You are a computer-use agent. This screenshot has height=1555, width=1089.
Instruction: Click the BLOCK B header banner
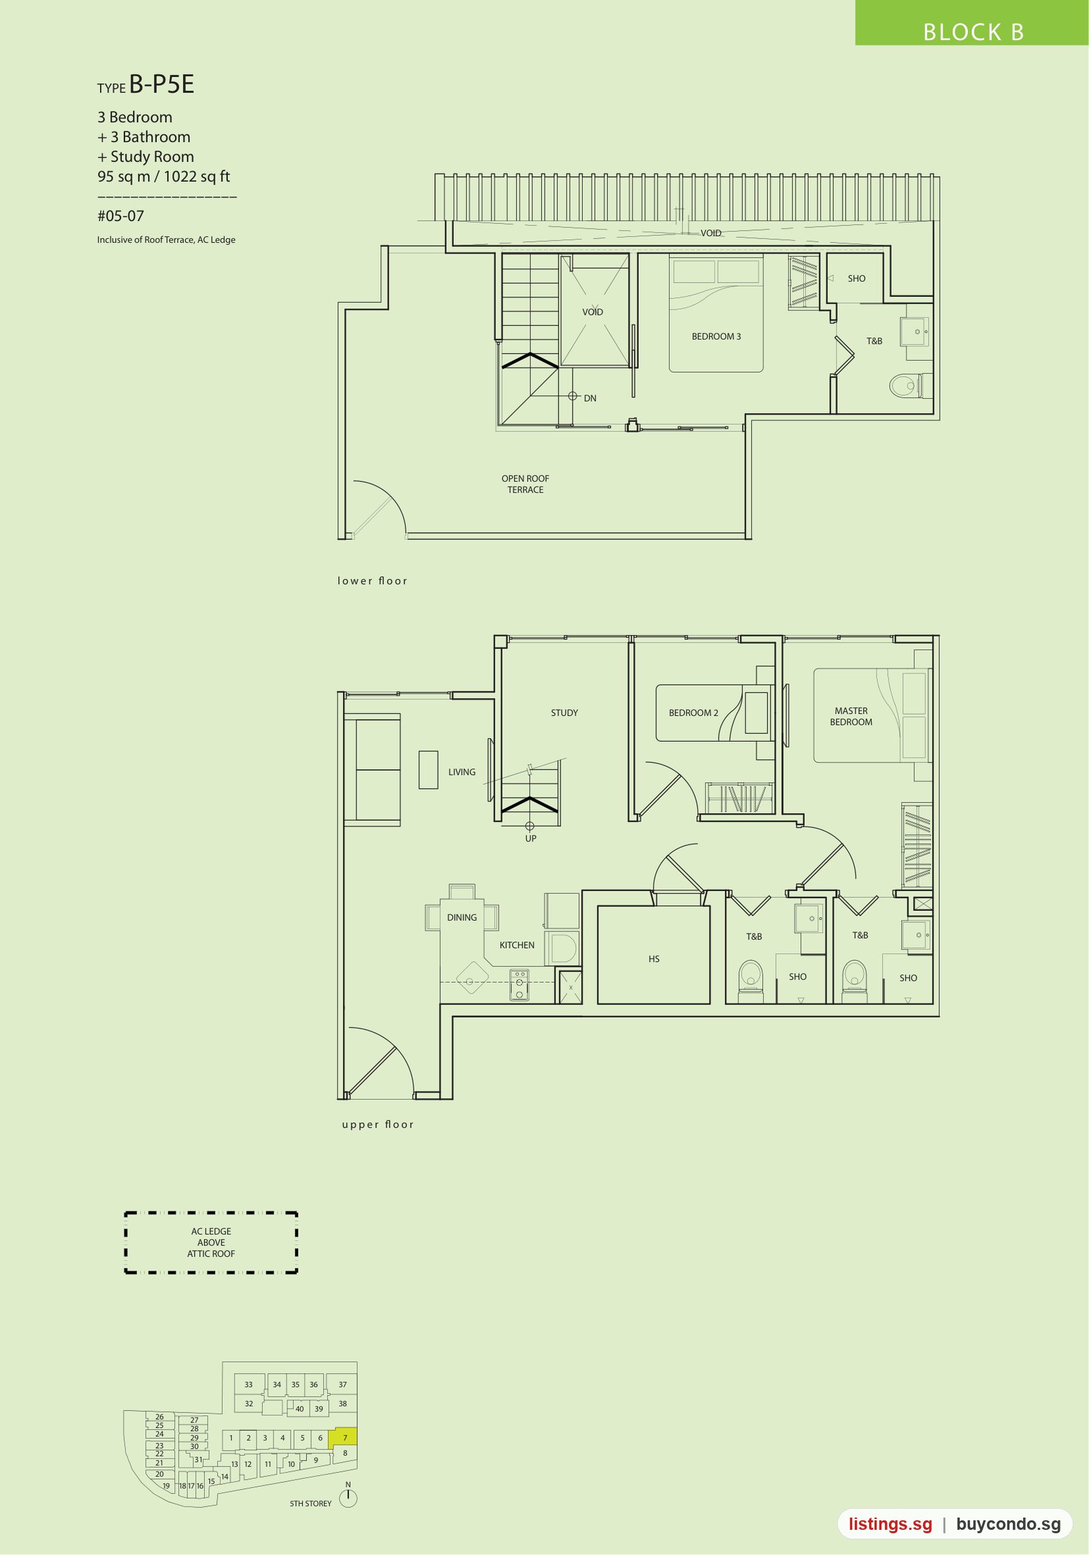[x=972, y=23]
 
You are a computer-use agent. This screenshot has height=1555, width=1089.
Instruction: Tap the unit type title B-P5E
[x=162, y=84]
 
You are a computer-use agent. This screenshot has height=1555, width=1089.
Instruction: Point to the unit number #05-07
[x=120, y=216]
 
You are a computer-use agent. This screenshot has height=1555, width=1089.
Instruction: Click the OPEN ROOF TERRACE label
[x=525, y=484]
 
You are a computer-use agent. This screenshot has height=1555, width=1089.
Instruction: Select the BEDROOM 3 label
[x=716, y=336]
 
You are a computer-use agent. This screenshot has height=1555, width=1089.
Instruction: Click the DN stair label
[x=590, y=398]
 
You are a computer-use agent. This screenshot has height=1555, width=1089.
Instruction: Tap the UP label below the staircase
[x=531, y=838]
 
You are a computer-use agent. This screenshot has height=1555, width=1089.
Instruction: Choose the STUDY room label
[x=564, y=713]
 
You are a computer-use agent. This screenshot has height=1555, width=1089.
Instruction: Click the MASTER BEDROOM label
[x=851, y=716]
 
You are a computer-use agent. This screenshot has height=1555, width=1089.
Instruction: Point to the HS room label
[x=654, y=959]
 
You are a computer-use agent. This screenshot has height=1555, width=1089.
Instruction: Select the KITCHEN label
[x=517, y=945]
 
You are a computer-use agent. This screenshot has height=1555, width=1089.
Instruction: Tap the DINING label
[x=462, y=917]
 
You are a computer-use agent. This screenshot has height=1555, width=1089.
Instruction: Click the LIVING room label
[x=462, y=772]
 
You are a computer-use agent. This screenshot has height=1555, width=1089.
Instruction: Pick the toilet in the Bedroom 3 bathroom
[x=906, y=386]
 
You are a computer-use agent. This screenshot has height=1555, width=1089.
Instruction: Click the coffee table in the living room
[x=428, y=770]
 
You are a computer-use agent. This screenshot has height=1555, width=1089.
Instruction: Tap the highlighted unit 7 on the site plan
[x=343, y=1437]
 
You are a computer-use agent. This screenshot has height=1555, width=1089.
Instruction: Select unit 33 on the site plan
[x=248, y=1384]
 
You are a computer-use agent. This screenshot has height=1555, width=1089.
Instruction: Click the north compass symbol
[x=348, y=1497]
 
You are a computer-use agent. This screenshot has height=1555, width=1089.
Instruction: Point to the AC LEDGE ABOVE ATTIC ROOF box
[x=211, y=1242]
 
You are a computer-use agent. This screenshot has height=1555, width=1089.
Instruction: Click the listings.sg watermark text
[x=890, y=1524]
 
